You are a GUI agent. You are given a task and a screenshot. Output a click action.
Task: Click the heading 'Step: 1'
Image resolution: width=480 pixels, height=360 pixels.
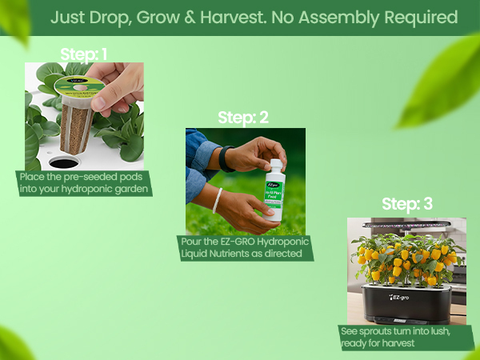click(x=84, y=54)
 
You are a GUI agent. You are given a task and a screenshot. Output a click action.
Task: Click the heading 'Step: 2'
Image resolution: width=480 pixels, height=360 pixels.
click(x=243, y=118)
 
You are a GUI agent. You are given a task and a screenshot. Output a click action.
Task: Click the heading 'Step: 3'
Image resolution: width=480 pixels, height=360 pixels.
click(x=406, y=204)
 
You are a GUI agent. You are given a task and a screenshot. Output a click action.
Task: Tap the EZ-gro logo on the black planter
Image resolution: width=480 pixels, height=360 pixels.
click(x=404, y=298)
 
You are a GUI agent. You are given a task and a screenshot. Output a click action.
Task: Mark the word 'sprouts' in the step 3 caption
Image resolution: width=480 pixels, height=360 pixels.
click(x=373, y=331)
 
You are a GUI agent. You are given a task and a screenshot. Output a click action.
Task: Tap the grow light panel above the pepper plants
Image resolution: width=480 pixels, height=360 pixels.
click(x=406, y=224)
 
